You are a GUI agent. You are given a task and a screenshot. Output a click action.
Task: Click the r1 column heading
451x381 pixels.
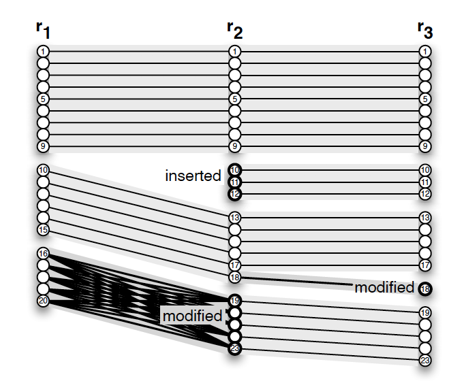tap(43, 31)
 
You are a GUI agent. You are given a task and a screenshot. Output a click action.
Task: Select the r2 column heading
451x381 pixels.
tap(234, 31)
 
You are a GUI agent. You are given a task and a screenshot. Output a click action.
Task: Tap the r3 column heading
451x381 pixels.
tap(425, 31)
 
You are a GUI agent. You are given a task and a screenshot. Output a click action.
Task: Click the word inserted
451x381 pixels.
tap(193, 176)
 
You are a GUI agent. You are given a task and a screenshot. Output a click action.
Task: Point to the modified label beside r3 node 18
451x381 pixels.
tap(384, 288)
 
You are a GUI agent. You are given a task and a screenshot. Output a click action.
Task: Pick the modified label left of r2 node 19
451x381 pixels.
tap(192, 316)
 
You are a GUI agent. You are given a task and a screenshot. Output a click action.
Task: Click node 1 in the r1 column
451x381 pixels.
tap(43, 51)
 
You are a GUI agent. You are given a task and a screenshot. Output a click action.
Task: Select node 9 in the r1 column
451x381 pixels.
tap(43, 146)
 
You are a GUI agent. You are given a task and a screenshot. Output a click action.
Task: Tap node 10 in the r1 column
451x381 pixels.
tap(43, 170)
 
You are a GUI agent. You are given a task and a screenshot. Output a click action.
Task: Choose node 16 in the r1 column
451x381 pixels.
tap(43, 254)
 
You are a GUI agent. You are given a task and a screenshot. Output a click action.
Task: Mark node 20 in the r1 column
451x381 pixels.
tap(43, 301)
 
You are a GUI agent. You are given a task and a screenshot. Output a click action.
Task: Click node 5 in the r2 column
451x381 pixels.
tap(235, 99)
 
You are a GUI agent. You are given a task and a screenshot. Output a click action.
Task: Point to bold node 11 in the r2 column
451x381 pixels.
tap(235, 182)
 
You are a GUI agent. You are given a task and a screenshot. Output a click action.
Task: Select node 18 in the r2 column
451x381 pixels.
tap(235, 277)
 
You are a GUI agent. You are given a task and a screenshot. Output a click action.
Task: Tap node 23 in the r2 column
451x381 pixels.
tap(235, 348)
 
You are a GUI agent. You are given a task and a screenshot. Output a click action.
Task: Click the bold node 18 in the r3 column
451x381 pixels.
tap(426, 288)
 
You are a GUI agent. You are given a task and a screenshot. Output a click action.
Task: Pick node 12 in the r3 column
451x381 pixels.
tap(426, 194)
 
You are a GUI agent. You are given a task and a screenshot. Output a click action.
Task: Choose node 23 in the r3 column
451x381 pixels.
tap(426, 360)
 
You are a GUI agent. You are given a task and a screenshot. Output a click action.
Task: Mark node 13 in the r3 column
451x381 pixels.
tap(426, 218)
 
